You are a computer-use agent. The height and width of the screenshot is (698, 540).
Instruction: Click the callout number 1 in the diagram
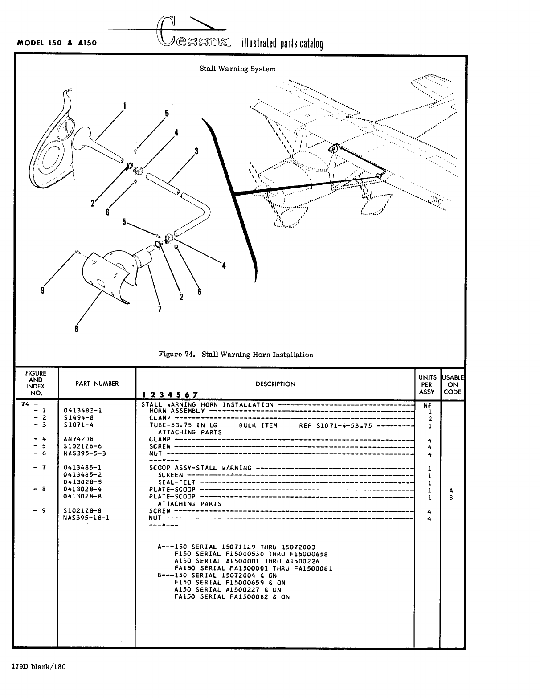point(124,106)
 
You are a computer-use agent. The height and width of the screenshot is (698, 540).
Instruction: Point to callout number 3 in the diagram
point(196,151)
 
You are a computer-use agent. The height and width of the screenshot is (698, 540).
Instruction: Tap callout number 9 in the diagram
point(42,290)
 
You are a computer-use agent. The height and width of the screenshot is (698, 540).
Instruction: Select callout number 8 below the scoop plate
point(76,329)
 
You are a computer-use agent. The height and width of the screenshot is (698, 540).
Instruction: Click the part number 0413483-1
point(83,411)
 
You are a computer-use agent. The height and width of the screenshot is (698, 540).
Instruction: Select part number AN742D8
point(78,439)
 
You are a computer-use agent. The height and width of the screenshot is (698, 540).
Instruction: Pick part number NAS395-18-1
point(86,518)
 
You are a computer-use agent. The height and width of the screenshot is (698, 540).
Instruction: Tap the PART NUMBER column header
point(97,384)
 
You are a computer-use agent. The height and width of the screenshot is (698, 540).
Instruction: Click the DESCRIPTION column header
point(275,384)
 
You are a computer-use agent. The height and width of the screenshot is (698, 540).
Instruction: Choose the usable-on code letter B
point(451,497)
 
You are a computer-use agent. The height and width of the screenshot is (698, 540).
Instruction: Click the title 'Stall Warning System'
point(237,69)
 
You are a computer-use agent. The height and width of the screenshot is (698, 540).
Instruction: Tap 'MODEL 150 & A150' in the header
point(57,44)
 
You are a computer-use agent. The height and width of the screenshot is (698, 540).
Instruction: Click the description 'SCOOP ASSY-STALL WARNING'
point(200,468)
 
